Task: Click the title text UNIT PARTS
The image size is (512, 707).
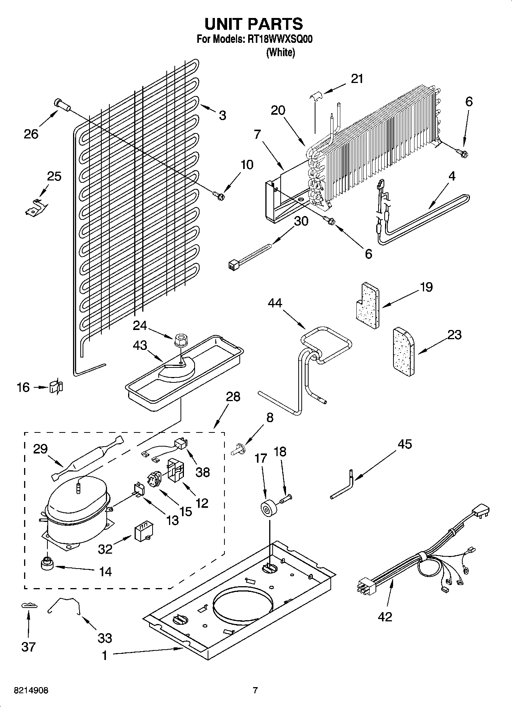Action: pos(254,24)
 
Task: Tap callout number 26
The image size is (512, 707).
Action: pos(31,134)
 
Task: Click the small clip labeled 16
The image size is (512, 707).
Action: pos(56,387)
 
